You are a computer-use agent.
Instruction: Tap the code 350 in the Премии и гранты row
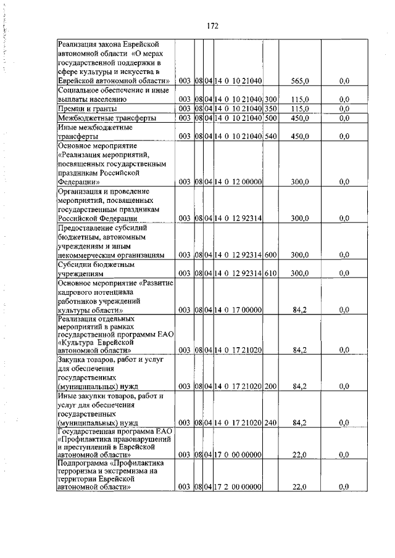[270, 109]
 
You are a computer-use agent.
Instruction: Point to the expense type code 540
[270, 136]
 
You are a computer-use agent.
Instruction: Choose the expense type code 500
[270, 118]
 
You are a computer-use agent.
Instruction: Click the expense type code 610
[270, 273]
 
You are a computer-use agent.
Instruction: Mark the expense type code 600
[270, 255]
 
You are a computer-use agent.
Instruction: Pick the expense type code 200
[270, 387]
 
